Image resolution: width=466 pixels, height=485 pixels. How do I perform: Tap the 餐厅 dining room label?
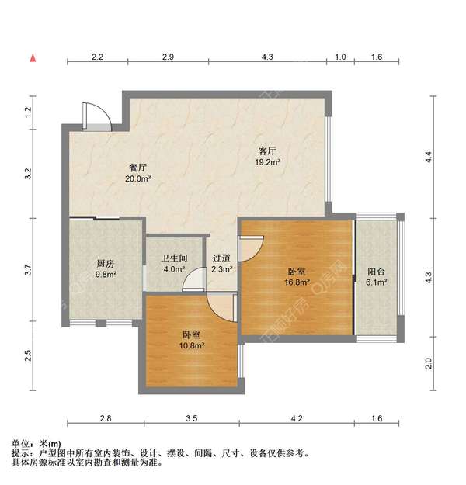pyautogui.click(x=138, y=168)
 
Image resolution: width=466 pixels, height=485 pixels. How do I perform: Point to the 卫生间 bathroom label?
pyautogui.click(x=174, y=258)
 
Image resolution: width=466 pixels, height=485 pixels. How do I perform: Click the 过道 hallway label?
pyautogui.click(x=221, y=258)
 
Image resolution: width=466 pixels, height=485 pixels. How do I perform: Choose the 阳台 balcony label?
pyautogui.click(x=376, y=272)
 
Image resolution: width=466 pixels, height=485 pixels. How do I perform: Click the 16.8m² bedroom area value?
pyautogui.click(x=297, y=282)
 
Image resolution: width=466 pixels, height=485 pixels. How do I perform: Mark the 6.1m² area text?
pyautogui.click(x=376, y=283)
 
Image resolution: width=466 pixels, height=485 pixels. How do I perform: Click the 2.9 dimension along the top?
pyautogui.click(x=168, y=57)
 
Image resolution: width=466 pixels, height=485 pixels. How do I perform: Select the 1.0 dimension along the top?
pyautogui.click(x=340, y=57)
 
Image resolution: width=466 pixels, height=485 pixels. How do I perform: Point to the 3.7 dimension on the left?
pyautogui.click(x=28, y=271)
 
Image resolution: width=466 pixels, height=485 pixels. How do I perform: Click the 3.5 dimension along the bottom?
pyautogui.click(x=191, y=419)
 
